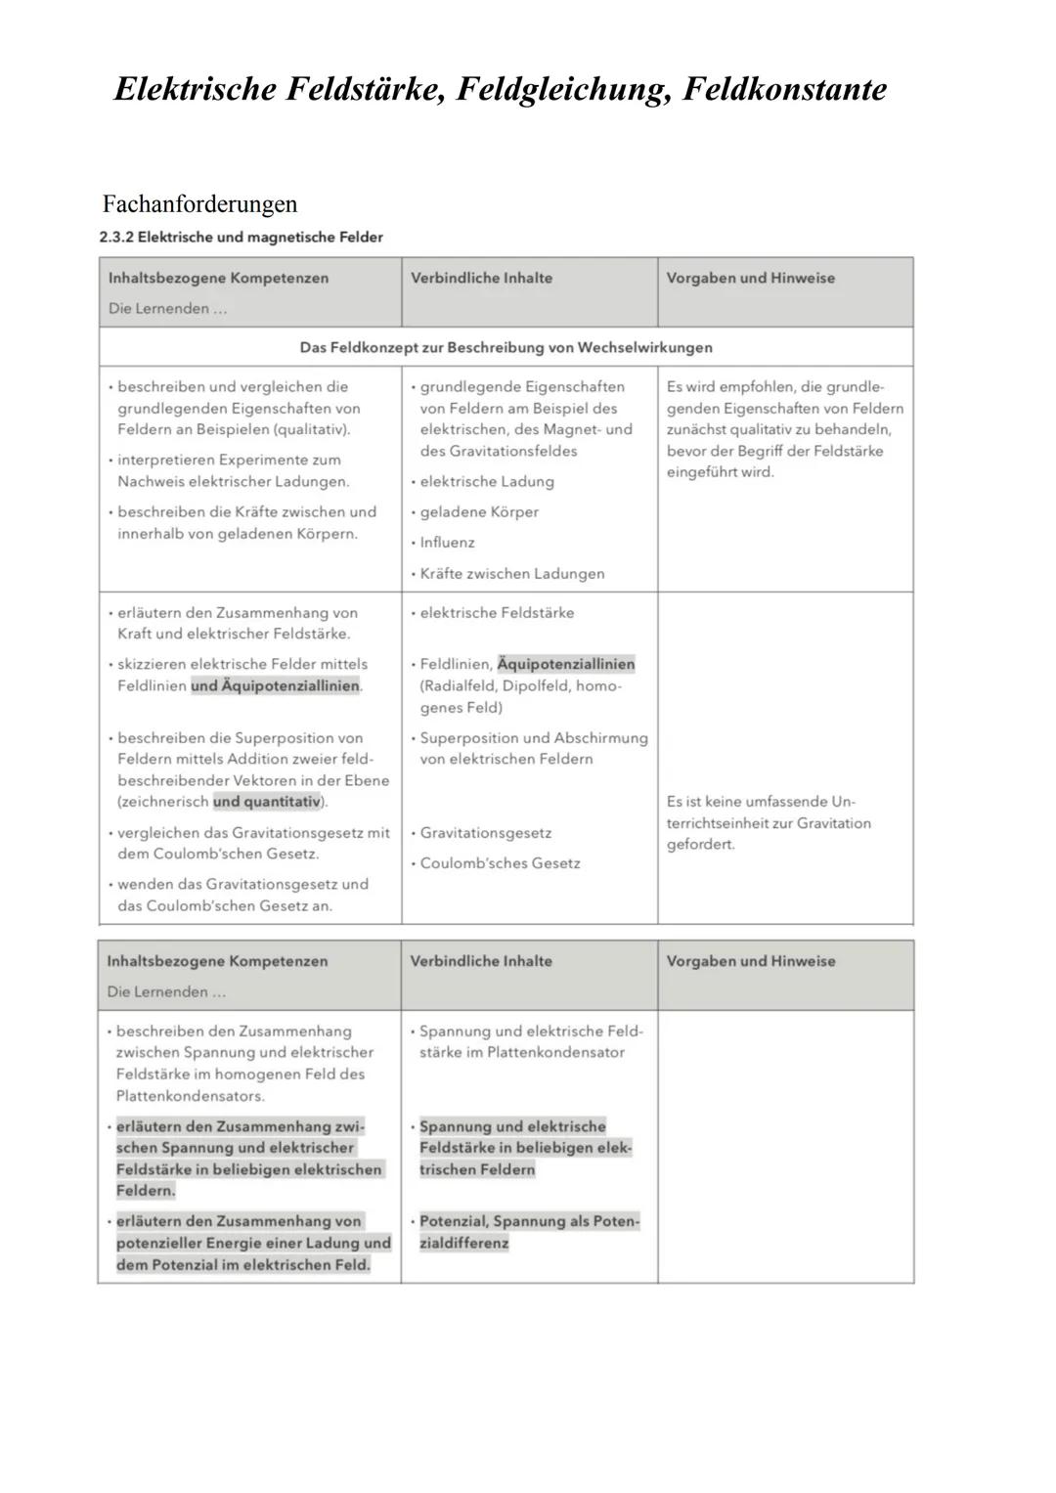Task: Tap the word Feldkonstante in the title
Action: (785, 90)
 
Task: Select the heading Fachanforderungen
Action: (199, 204)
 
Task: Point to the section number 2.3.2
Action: (116, 238)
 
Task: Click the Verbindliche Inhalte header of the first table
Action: (481, 279)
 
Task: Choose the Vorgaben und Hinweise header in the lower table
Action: (751, 961)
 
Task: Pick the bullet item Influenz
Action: (447, 543)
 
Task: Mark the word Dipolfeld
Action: (537, 686)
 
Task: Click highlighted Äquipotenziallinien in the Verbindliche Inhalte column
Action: (566, 665)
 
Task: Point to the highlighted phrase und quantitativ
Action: (267, 802)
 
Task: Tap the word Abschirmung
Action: (599, 738)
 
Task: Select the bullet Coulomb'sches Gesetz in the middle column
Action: (500, 863)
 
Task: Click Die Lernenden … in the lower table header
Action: (166, 992)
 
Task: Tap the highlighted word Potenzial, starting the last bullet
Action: (453, 1221)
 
